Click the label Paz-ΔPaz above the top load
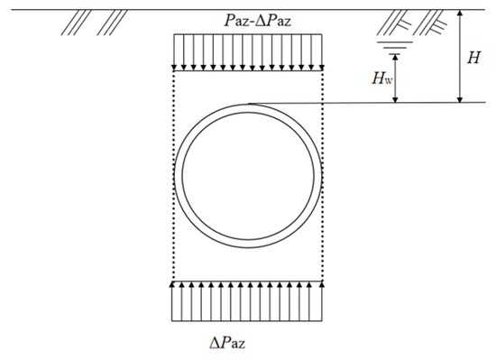point(257,21)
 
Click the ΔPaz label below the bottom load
point(227,342)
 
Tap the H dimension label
point(473,58)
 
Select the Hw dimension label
point(381,78)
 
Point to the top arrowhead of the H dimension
point(460,13)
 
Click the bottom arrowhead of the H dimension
point(460,99)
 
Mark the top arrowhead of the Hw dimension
point(395,57)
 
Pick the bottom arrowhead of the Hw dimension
point(395,99)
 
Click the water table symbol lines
point(395,48)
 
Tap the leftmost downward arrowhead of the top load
point(174,68)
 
